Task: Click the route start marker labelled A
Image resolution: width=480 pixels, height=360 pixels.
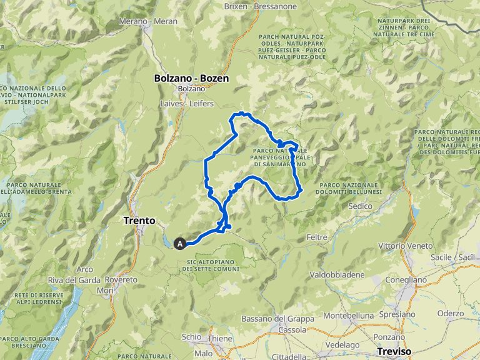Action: (x=181, y=244)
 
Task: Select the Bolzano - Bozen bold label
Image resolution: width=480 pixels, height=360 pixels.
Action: (x=191, y=79)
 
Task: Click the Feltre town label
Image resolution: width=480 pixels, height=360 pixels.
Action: (x=318, y=237)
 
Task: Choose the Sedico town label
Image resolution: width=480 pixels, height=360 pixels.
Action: (x=360, y=206)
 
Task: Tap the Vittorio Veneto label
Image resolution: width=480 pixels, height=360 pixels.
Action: (x=409, y=246)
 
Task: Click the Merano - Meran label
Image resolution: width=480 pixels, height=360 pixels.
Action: (x=149, y=21)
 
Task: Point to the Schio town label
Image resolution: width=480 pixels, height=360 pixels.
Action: (x=191, y=337)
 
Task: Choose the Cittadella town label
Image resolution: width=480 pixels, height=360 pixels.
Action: (x=286, y=356)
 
